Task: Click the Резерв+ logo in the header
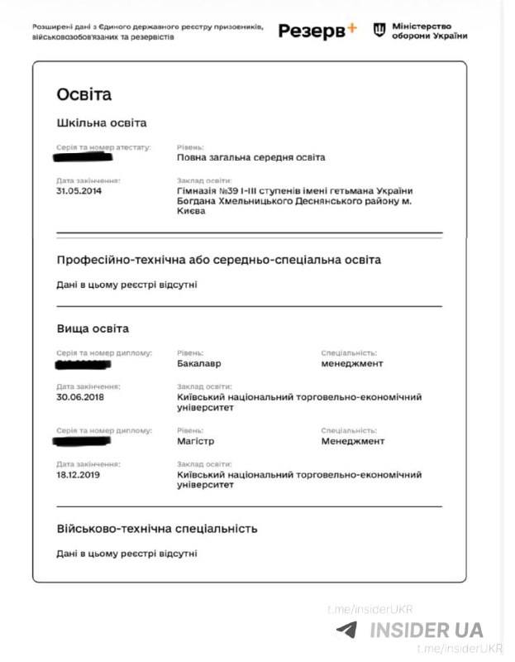coord(317,31)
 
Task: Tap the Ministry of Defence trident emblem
coord(379,31)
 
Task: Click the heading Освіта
coord(84,94)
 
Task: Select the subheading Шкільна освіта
coord(102,123)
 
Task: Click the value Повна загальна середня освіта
coord(251,157)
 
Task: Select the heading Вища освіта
coord(93,329)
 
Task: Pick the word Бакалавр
coord(199,362)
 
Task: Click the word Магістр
coord(196,441)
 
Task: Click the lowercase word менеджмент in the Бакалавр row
coord(352,362)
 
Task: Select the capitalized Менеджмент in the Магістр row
coord(353,441)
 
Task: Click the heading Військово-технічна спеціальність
coord(157,528)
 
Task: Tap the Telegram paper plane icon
coord(347,630)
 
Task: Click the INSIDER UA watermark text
coord(426,631)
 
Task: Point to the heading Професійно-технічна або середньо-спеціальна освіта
coord(219,260)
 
